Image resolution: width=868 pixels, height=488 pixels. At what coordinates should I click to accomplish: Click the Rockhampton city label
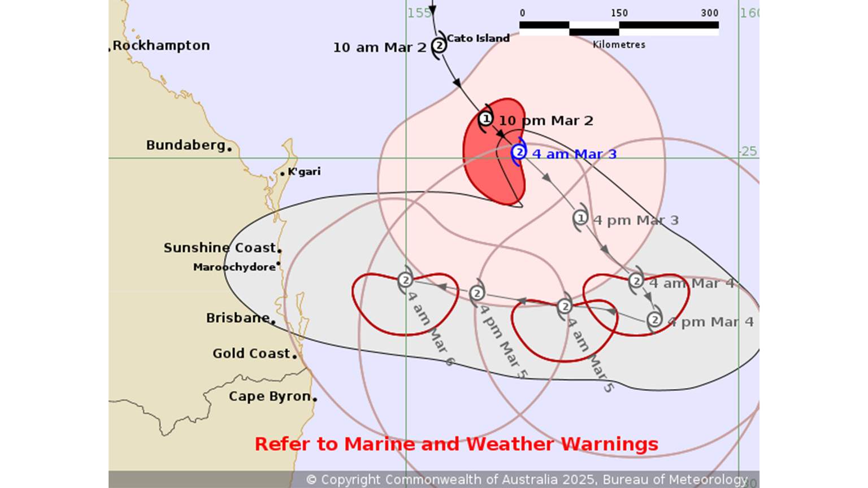(161, 46)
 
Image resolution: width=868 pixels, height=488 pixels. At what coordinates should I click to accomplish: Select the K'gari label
(304, 172)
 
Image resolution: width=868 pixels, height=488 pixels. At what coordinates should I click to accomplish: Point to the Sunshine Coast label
(219, 248)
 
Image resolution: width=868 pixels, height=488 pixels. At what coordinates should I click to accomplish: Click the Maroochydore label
(234, 267)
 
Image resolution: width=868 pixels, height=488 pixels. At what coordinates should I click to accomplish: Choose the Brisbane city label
(237, 318)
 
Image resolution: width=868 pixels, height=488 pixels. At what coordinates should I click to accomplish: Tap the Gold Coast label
(251, 354)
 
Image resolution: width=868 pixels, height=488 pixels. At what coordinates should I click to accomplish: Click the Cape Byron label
(270, 396)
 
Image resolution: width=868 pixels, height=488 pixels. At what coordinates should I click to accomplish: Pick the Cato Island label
(478, 38)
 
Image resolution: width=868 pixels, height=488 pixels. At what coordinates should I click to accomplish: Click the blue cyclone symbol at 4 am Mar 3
(519, 152)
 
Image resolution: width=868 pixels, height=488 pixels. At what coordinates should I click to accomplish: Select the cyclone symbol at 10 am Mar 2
(439, 45)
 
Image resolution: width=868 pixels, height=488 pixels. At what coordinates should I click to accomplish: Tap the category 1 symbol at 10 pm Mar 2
(485, 119)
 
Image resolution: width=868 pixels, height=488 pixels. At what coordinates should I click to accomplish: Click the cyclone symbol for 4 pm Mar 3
(580, 218)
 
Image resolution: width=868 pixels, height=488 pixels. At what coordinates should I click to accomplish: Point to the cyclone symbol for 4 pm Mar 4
(654, 320)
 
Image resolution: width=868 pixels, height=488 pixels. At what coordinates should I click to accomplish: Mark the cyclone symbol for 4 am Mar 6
(405, 280)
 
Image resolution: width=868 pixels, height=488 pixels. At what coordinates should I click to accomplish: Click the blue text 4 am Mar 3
(574, 154)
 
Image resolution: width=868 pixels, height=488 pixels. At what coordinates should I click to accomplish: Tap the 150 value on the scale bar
(619, 13)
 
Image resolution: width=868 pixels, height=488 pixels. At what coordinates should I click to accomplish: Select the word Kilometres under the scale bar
(619, 45)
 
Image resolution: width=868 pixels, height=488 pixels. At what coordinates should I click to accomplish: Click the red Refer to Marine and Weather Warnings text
(456, 444)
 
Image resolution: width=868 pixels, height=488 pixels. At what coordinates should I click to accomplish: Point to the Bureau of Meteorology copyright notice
(527, 480)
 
